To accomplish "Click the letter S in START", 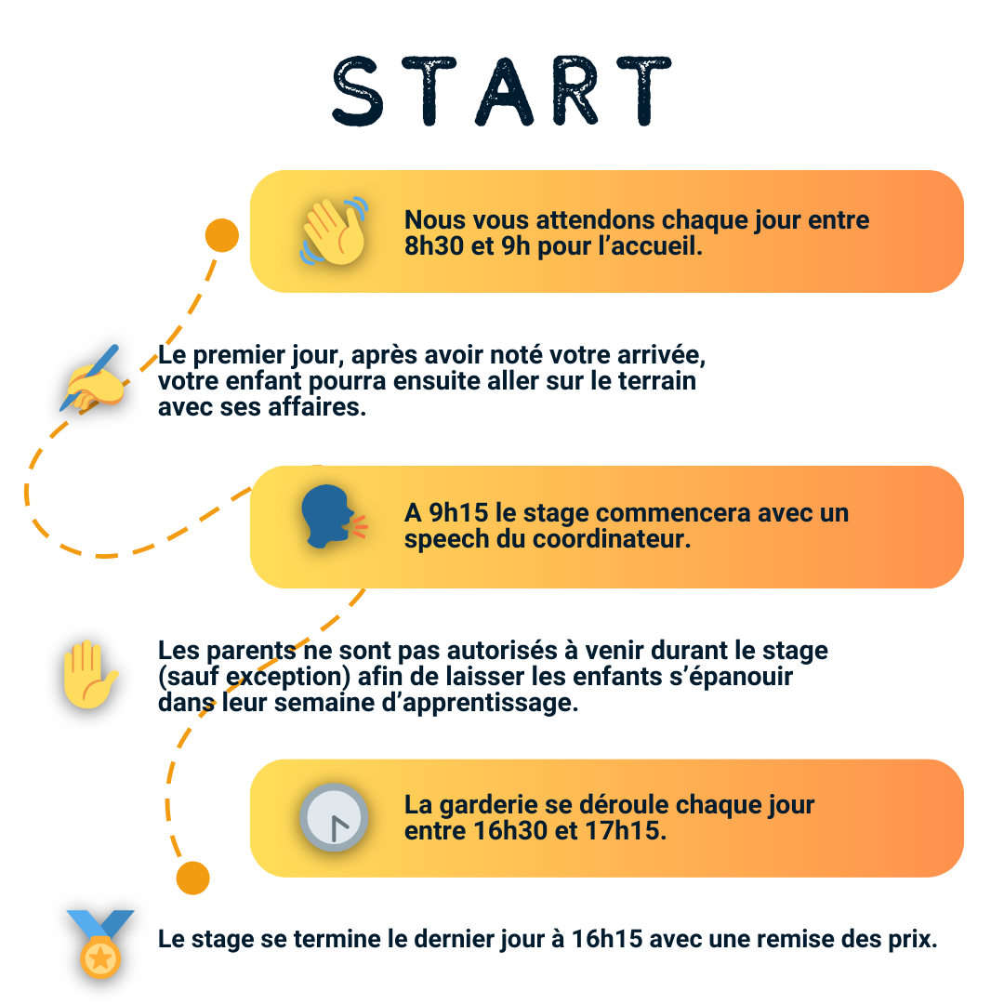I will (358, 92).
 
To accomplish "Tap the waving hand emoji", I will (334, 231).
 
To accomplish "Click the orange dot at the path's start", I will (221, 235).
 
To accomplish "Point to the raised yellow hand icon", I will (88, 674).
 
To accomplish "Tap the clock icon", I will (334, 818).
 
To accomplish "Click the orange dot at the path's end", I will (193, 878).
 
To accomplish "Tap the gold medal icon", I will (99, 945).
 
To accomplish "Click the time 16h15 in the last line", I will (609, 939).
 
